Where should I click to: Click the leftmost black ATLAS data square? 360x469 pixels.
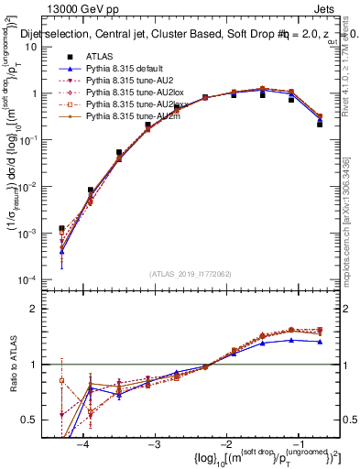pyautogui.click(x=61, y=229)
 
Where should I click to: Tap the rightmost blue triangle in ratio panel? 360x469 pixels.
pyautogui.click(x=320, y=341)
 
